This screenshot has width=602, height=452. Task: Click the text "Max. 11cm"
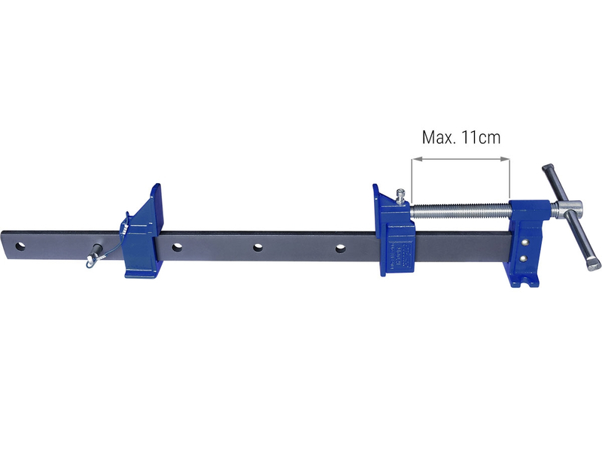pos(461,137)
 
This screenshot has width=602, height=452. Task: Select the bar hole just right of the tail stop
pos(177,246)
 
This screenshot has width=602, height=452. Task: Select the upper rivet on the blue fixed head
pos(525,243)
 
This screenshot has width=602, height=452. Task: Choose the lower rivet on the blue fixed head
pos(525,258)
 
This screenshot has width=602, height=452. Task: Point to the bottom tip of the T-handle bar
pos(594,265)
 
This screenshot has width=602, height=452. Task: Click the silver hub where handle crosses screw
pos(570,209)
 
